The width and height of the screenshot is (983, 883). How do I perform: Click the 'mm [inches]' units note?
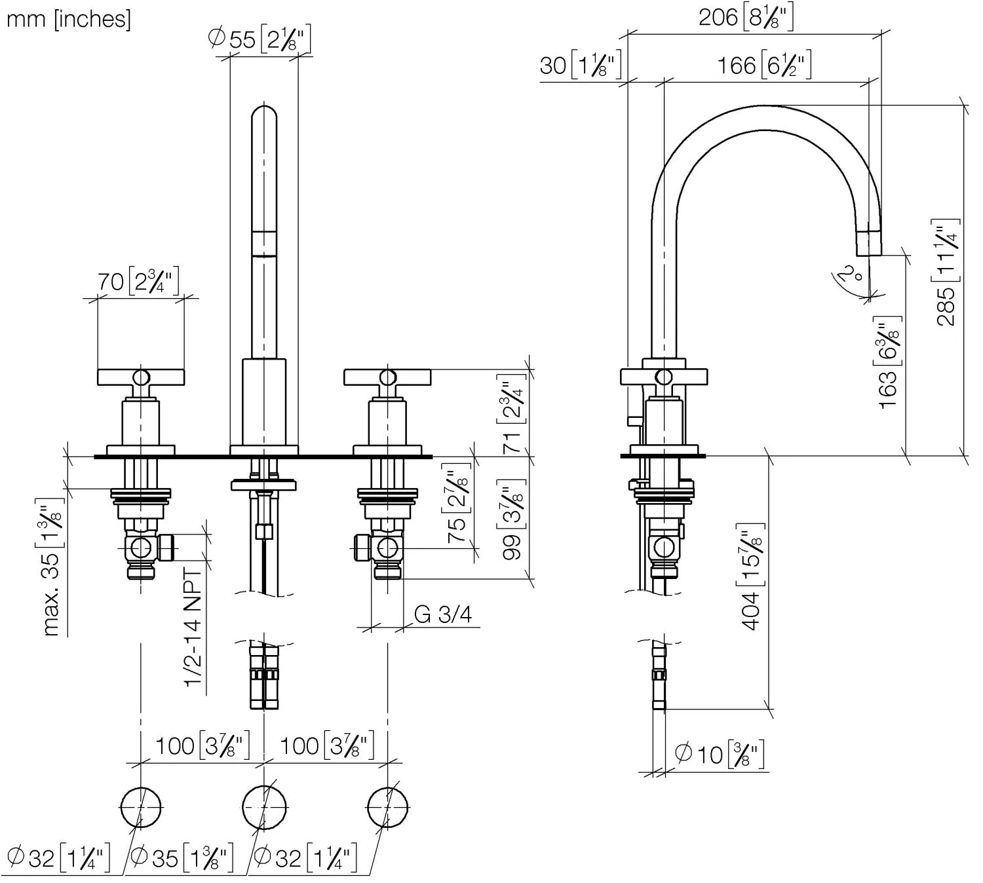[69, 20]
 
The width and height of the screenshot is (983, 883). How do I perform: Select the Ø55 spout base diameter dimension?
[260, 39]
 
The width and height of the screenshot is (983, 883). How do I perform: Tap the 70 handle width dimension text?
[139, 281]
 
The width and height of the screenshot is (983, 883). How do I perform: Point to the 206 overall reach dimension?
[745, 17]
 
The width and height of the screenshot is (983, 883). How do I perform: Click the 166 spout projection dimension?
[764, 65]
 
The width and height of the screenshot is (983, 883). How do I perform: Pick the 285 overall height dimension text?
[946, 272]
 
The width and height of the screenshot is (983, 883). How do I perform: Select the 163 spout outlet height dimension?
[887, 363]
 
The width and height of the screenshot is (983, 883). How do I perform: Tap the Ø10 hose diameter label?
[720, 754]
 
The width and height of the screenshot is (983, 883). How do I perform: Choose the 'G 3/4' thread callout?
[443, 614]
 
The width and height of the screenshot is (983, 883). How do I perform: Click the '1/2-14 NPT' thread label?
[193, 628]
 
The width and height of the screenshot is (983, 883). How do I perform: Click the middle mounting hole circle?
[264, 807]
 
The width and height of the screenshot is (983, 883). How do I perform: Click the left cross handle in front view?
[141, 377]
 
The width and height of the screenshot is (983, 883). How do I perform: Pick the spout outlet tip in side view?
[869, 255]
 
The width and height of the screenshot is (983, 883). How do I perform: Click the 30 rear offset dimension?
[581, 65]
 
